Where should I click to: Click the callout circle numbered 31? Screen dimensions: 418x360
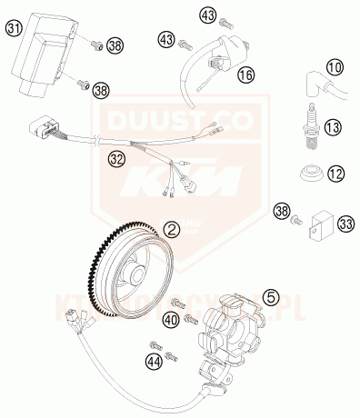(14, 29)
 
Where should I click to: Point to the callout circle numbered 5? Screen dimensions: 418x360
(271, 296)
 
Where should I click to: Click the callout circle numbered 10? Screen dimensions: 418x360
(336, 67)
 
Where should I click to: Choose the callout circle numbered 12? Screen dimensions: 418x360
(336, 172)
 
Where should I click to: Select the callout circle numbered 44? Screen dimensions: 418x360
(154, 363)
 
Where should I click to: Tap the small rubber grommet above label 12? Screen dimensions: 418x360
(310, 171)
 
